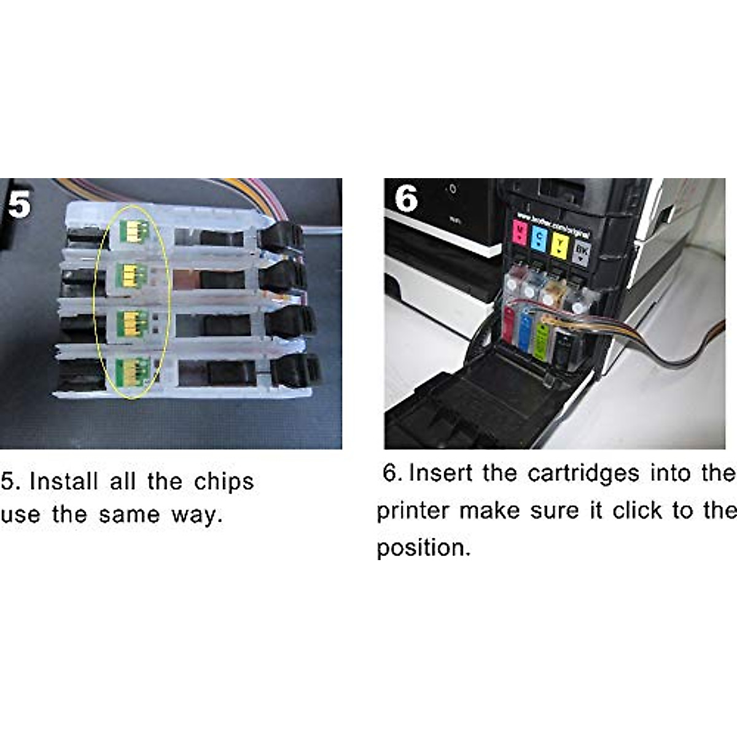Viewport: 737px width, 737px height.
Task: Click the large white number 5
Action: coord(19,204)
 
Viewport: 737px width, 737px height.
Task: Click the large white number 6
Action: coord(406,200)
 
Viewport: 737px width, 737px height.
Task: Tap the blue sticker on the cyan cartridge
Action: coord(525,332)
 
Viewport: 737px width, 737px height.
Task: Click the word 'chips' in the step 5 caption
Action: coord(224,483)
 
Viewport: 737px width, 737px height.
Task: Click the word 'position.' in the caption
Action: coord(423,547)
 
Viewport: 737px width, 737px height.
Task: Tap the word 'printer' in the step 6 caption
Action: coord(413,511)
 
